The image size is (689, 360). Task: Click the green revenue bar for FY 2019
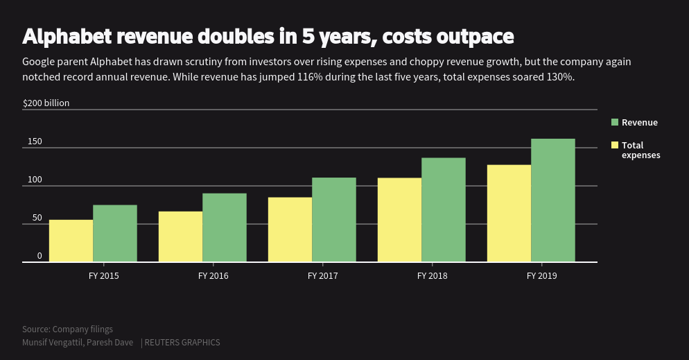tap(552, 200)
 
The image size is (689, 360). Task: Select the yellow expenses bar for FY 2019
tap(509, 214)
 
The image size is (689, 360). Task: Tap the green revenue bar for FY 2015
tap(115, 234)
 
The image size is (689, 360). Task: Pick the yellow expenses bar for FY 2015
tap(71, 241)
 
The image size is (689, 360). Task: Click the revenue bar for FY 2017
tap(334, 220)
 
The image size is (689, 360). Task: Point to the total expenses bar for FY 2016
tap(180, 237)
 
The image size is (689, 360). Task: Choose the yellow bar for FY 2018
tap(399, 220)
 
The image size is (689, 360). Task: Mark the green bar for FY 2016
tap(225, 228)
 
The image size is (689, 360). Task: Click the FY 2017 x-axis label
tap(322, 275)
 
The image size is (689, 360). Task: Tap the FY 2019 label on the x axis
tap(541, 275)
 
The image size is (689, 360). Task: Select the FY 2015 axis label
tap(103, 275)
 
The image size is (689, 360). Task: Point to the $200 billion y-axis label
tap(46, 103)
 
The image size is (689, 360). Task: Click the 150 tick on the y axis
tap(35, 142)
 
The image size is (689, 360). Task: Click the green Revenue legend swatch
tap(614, 123)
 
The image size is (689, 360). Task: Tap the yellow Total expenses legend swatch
tap(614, 145)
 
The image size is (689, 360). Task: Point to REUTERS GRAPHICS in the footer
tap(182, 343)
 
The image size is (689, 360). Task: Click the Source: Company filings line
tap(67, 329)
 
